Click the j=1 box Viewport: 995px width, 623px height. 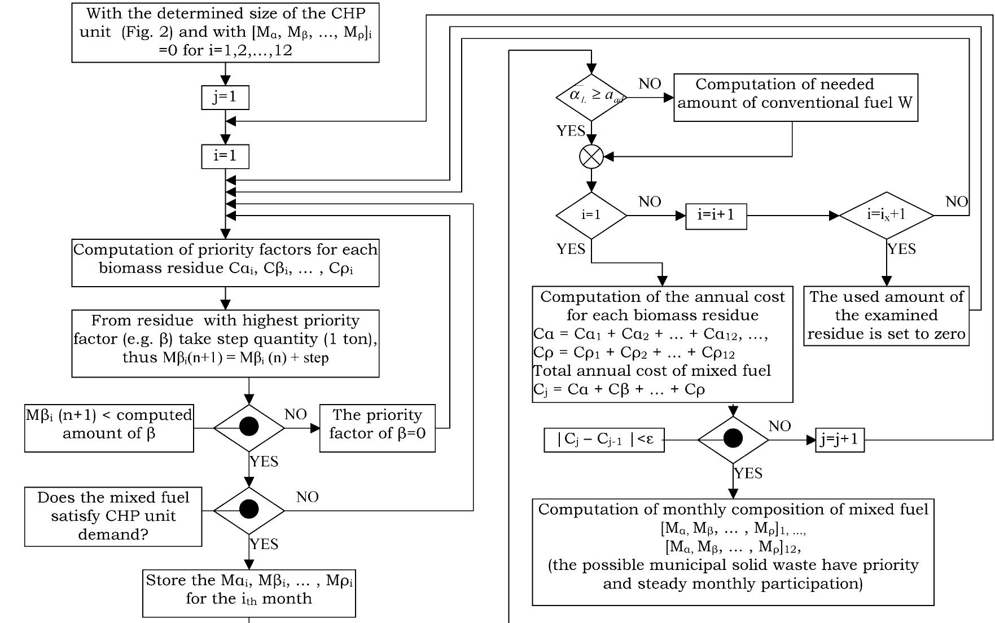[225, 97]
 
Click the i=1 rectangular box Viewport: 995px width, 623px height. [225, 156]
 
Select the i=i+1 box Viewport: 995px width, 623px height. [716, 216]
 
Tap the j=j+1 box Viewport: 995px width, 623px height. [840, 440]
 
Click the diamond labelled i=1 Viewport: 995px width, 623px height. [591, 216]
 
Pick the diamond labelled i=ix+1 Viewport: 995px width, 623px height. [886, 215]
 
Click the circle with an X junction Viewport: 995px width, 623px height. [591, 156]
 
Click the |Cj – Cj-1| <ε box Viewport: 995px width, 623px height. [604, 440]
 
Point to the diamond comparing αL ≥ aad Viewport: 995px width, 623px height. [591, 97]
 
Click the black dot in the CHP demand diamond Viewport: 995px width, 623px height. [249, 510]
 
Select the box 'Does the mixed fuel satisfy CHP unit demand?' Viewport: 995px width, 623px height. [113, 516]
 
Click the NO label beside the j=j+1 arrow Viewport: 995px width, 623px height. [779, 427]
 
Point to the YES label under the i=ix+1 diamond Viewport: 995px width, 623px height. [901, 249]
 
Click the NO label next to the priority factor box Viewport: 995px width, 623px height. [296, 415]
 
